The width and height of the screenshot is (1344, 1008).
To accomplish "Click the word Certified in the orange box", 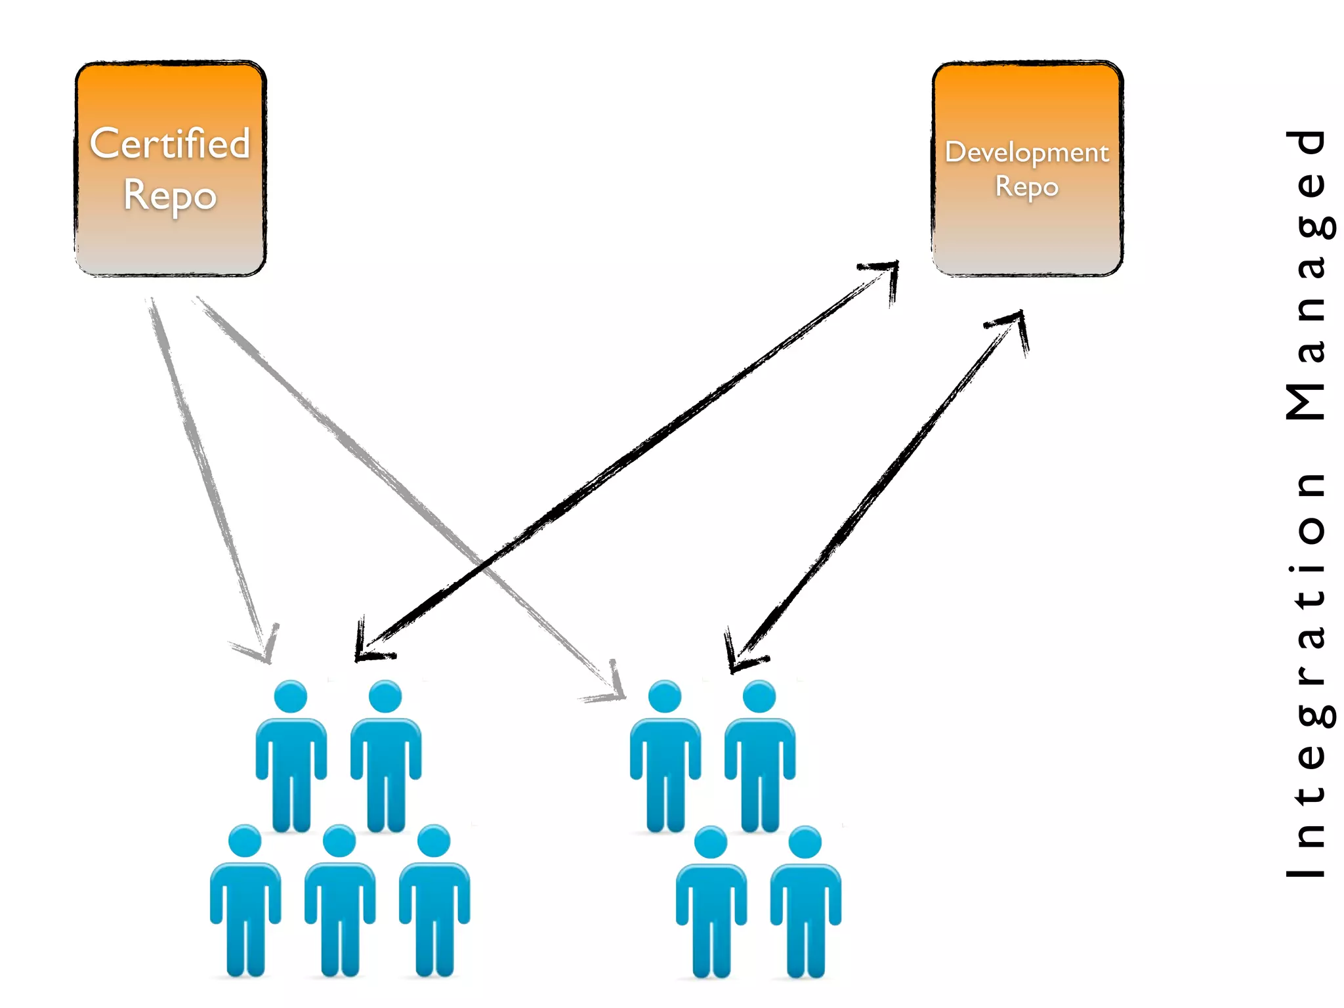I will point(170,144).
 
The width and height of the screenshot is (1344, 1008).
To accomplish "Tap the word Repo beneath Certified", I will point(170,196).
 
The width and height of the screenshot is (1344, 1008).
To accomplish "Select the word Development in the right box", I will point(1026,153).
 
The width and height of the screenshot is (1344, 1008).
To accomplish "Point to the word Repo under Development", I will point(1026,187).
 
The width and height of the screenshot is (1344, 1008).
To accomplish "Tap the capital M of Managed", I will point(1306,401).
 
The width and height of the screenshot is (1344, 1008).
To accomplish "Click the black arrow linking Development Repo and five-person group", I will point(623,459).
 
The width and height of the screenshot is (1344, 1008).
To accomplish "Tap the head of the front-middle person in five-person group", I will point(339,841).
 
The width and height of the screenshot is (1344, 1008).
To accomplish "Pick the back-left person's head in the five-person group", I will point(291,696).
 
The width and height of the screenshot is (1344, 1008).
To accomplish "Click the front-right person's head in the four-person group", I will point(805,842).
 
